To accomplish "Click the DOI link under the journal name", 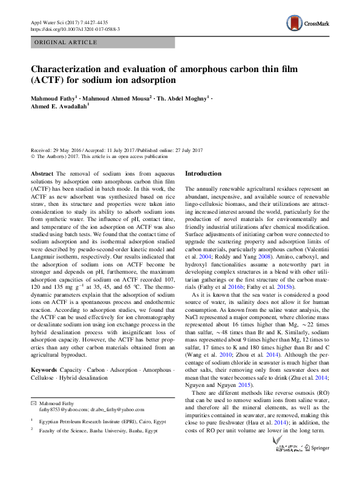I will click(x=74, y=29).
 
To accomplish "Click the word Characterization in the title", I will click(x=77, y=69).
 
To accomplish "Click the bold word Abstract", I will click(x=42, y=174).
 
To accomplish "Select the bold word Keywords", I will click(x=44, y=370).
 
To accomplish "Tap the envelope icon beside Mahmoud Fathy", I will click(x=33, y=404).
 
